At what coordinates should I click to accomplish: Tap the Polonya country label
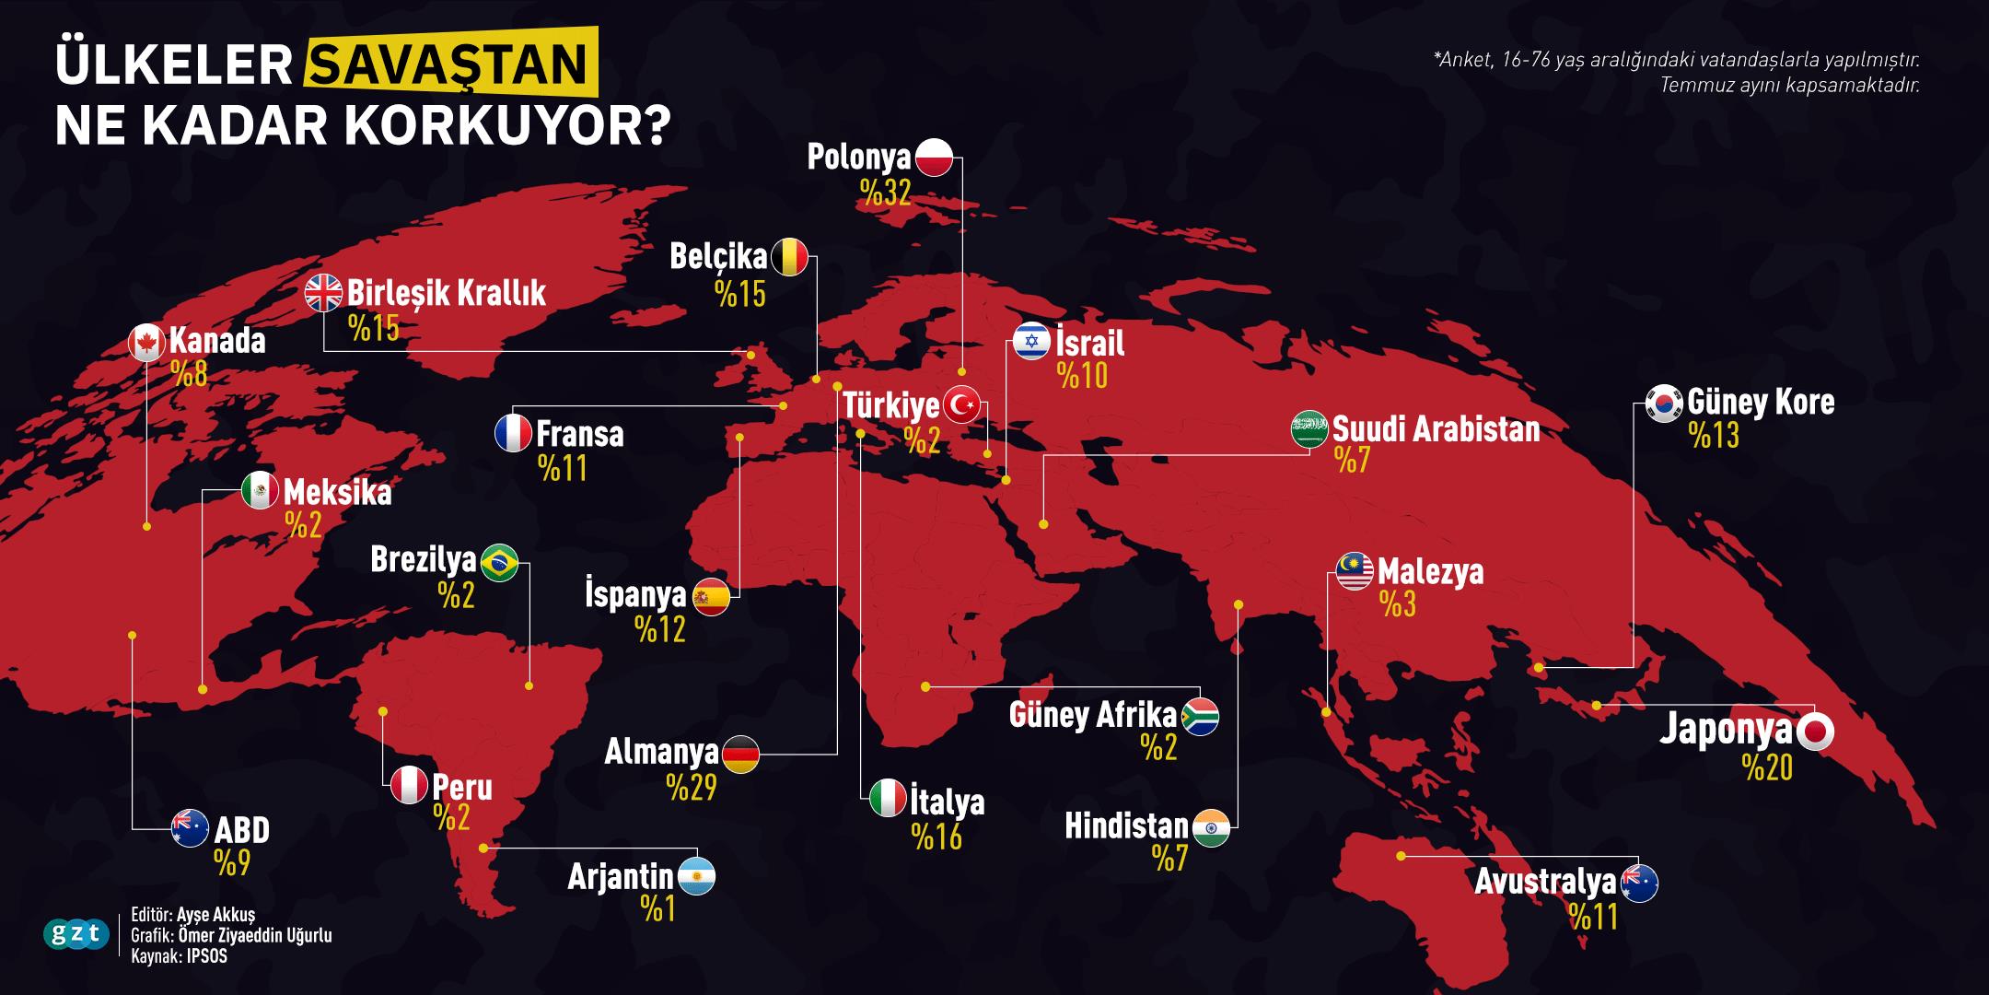[x=858, y=158]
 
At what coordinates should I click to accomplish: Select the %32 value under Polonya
[x=885, y=192]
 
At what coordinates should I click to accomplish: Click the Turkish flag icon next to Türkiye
[x=962, y=404]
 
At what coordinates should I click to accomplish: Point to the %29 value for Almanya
[x=692, y=788]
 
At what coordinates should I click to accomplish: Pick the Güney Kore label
[x=1761, y=403]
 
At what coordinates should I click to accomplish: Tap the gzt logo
[x=76, y=935]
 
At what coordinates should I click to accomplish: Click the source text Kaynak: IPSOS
[x=179, y=956]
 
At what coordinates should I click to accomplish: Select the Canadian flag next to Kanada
[x=146, y=342]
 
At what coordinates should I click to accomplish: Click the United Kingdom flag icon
[x=323, y=294]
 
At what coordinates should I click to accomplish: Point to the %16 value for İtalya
[x=936, y=837]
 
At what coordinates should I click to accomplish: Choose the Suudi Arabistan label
[x=1436, y=429]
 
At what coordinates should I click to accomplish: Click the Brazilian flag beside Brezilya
[x=500, y=562]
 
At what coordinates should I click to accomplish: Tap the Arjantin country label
[x=620, y=876]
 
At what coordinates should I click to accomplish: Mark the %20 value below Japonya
[x=1767, y=767]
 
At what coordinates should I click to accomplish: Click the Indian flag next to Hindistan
[x=1211, y=827]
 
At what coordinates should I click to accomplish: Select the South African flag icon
[x=1200, y=717]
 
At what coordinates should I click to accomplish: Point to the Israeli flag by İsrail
[x=1031, y=342]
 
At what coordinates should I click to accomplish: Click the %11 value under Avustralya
[x=1594, y=918]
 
